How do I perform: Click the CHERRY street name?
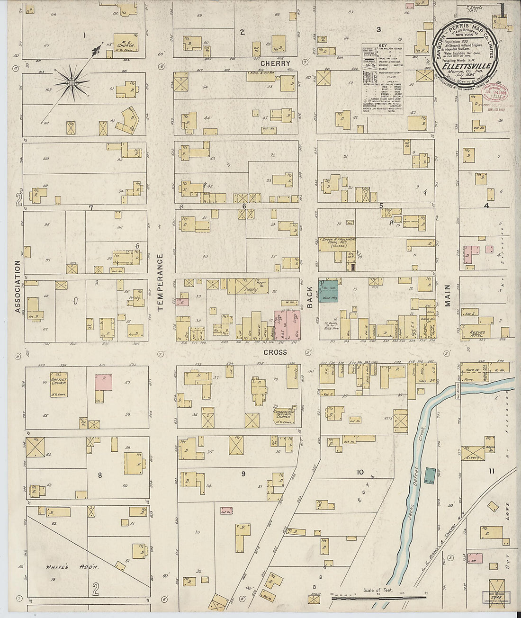pos(275,63)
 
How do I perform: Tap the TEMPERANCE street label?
pos(160,282)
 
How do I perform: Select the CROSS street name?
pos(275,352)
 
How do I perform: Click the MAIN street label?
pos(447,296)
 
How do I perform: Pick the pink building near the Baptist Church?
pos(103,382)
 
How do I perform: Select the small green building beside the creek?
pos(430,475)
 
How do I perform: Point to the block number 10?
pos(360,472)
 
